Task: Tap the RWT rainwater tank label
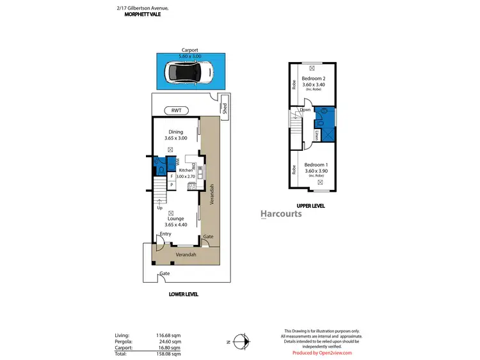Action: pos(177,110)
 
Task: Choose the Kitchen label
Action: pos(186,170)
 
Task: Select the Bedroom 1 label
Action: pos(316,164)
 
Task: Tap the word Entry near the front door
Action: pos(165,234)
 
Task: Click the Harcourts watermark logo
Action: pos(281,214)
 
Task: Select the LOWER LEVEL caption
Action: pos(183,294)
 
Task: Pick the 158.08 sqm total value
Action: pos(170,353)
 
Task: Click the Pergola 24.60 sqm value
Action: pos(170,341)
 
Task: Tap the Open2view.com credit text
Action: pos(322,352)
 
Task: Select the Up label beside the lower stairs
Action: pos(159,208)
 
